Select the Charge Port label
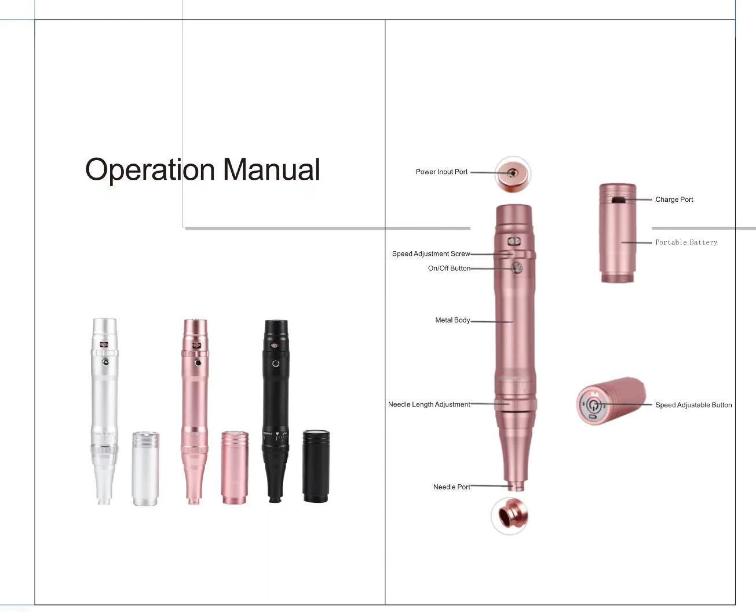tap(674, 200)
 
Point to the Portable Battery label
tap(686, 242)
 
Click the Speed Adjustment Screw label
tap(431, 254)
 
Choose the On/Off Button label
tap(449, 268)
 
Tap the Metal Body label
tap(453, 320)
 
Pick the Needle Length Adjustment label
tap(429, 404)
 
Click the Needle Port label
tap(451, 487)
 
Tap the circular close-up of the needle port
tap(509, 516)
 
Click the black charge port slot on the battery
tap(618, 200)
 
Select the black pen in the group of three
tap(276, 409)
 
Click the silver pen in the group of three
tap(105, 409)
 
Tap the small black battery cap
tap(316, 466)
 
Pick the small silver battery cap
tap(146, 468)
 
